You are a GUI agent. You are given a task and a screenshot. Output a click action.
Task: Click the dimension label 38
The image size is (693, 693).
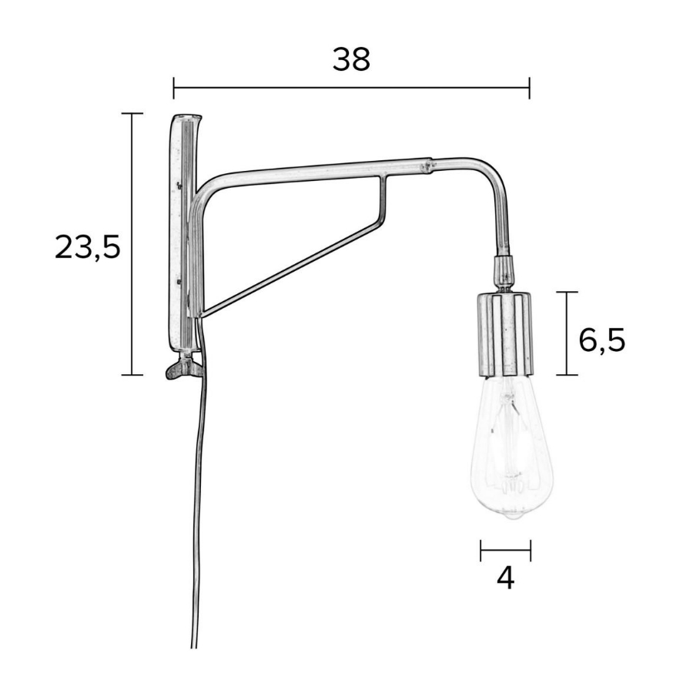351,59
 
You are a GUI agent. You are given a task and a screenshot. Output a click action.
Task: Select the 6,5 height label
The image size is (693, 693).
601,339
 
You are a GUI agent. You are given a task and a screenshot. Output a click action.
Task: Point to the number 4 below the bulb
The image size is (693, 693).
505,578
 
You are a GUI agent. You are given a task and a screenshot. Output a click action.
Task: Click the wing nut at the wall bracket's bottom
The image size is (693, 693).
183,369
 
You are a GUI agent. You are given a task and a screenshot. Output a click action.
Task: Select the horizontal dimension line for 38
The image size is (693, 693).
351,88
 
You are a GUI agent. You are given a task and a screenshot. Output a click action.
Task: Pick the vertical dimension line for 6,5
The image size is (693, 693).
567,333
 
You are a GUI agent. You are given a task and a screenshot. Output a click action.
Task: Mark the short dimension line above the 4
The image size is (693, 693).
505,550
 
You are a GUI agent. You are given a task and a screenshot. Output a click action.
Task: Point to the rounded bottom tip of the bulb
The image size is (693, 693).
506,517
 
